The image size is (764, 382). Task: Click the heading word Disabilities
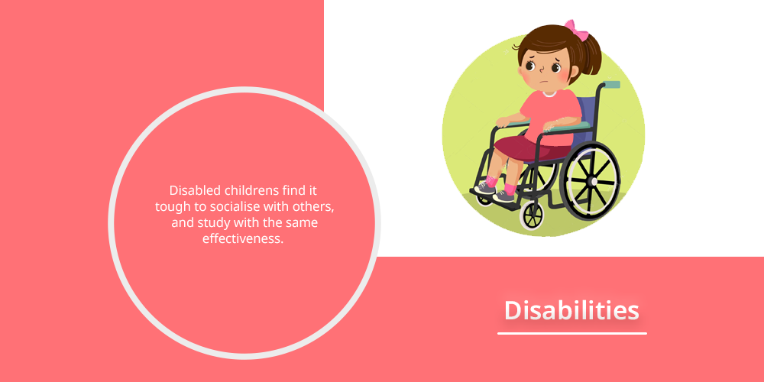pyautogui.click(x=571, y=310)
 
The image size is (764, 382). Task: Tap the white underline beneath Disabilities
pyautogui.click(x=572, y=334)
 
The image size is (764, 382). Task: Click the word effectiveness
pyautogui.click(x=243, y=239)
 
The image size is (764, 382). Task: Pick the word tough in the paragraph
pyautogui.click(x=168, y=207)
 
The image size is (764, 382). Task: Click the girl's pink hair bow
pyautogui.click(x=576, y=30)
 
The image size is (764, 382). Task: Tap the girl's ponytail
pyautogui.click(x=591, y=56)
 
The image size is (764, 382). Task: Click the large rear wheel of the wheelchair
pyautogui.click(x=592, y=181)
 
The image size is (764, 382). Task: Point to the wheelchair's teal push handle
pyautogui.click(x=613, y=84)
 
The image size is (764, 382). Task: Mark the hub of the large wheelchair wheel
pyautogui.click(x=593, y=182)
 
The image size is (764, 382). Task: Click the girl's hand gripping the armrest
pyautogui.click(x=503, y=121)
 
